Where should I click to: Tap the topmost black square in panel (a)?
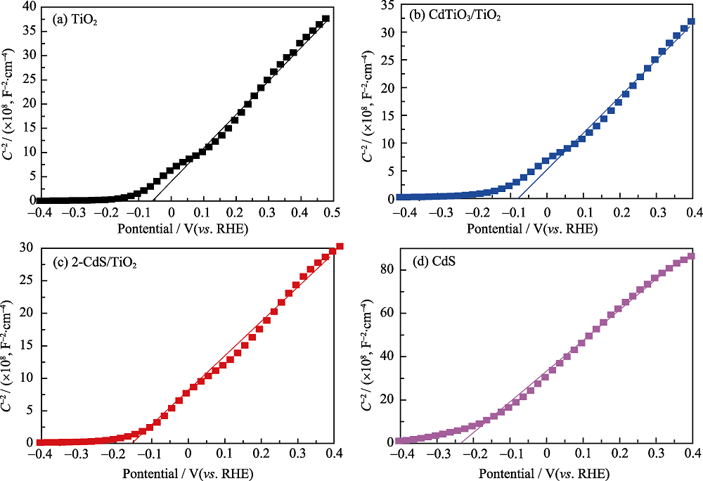point(325,19)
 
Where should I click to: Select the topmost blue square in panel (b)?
point(691,22)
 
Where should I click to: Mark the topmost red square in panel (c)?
point(340,246)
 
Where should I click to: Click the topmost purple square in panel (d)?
point(691,256)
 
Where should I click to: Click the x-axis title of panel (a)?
point(186,229)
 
